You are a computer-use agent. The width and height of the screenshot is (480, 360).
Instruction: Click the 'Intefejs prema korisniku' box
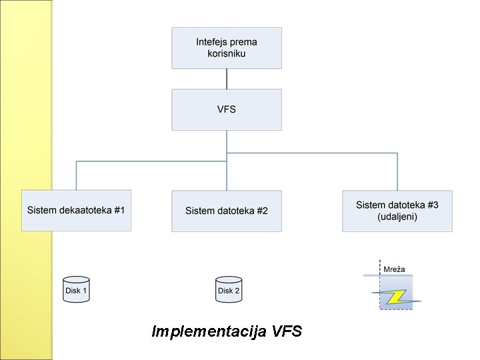click(x=227, y=47)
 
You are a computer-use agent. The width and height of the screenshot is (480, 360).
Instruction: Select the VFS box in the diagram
click(x=227, y=110)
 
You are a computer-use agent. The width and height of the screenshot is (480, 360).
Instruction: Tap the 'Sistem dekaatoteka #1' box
click(x=76, y=211)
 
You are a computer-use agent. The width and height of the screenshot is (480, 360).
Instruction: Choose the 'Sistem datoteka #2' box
click(x=227, y=211)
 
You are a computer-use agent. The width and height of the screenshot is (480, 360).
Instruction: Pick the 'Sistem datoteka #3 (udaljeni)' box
click(x=397, y=211)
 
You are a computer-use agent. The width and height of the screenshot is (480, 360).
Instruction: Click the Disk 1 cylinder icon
click(x=76, y=290)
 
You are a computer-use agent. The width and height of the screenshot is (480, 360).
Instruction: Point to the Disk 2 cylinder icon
click(x=229, y=290)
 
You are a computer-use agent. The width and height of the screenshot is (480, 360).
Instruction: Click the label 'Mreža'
click(x=394, y=269)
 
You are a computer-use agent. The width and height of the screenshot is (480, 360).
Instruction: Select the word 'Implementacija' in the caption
click(x=209, y=331)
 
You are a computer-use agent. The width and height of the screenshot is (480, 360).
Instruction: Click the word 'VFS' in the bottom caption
click(x=287, y=331)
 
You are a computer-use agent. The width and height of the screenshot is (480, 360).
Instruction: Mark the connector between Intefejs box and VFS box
click(x=227, y=79)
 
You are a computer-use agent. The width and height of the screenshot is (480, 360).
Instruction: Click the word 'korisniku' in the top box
click(x=227, y=53)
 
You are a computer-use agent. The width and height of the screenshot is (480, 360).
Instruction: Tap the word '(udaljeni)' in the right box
click(x=397, y=217)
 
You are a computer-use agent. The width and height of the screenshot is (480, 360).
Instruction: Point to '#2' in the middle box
click(x=261, y=211)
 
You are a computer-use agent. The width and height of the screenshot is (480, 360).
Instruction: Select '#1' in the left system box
click(x=119, y=211)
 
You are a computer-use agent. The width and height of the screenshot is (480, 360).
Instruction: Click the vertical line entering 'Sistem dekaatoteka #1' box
click(x=76, y=175)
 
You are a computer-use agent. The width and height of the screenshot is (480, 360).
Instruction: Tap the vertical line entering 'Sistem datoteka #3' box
click(x=397, y=172)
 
